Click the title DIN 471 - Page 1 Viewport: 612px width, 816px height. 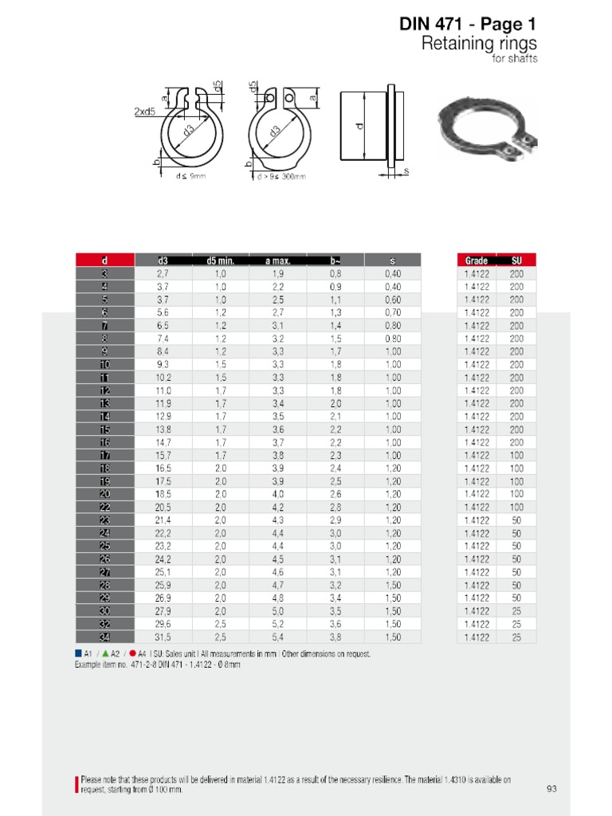(468, 25)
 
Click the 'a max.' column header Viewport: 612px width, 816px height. (278, 261)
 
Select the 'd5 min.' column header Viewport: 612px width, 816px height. (220, 261)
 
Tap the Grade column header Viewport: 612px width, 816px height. (476, 261)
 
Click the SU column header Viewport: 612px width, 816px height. (516, 261)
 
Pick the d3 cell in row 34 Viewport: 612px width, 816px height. (163, 637)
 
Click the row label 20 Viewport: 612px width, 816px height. (105, 494)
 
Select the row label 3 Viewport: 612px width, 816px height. (105, 273)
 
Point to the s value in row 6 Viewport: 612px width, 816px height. (393, 312)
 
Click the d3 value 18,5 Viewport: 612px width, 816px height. (163, 494)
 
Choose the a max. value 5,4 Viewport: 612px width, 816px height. (278, 637)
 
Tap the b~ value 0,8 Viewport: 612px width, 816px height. (335, 273)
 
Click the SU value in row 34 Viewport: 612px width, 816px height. (516, 637)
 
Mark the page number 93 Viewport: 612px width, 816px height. (551, 789)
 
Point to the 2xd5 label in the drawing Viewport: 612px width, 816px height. (144, 112)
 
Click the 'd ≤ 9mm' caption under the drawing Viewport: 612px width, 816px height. (190, 176)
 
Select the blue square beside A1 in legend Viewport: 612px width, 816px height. (78, 653)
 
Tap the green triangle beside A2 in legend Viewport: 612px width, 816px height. (105, 653)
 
